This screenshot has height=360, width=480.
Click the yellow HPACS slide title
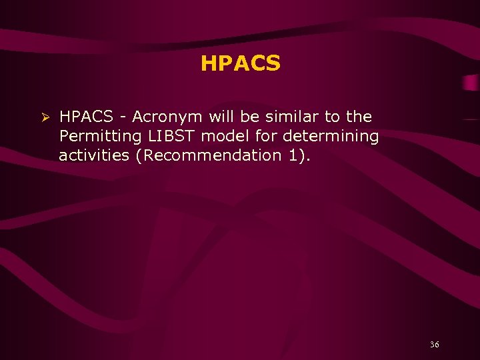click(x=240, y=64)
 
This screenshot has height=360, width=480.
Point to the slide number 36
click(x=435, y=345)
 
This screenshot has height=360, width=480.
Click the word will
click(x=221, y=117)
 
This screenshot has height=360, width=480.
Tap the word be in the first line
click(x=249, y=117)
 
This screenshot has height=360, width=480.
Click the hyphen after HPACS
click(x=122, y=118)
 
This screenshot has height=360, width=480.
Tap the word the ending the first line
click(x=359, y=117)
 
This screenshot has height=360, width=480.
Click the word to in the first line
click(x=331, y=117)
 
